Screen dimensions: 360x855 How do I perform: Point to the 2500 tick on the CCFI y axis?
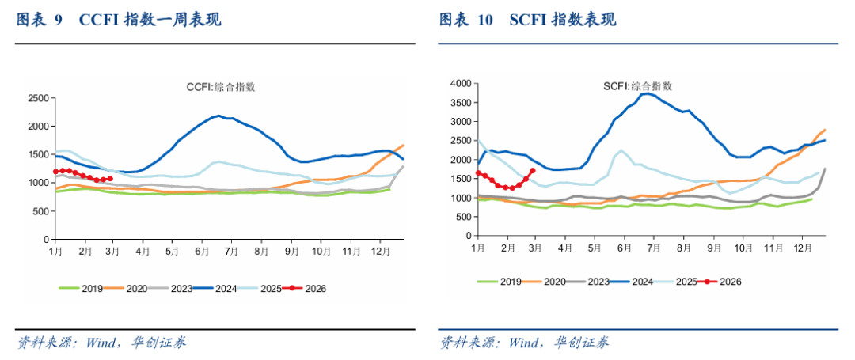[37, 98]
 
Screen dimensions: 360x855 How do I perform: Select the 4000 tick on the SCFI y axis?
[461, 83]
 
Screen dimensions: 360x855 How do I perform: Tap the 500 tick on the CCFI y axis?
[40, 210]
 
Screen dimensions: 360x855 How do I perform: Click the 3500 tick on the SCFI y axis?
[461, 102]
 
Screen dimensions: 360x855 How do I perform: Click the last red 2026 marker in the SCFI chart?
[533, 170]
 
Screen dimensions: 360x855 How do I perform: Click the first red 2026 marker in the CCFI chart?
[55, 172]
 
